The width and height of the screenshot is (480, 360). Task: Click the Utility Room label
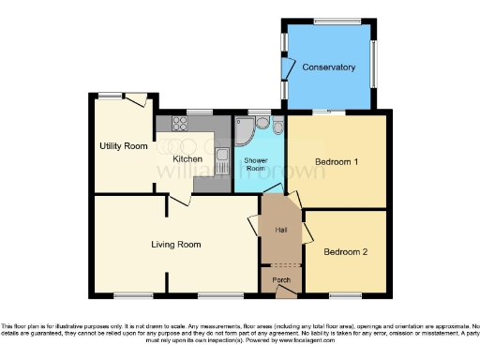click(125, 146)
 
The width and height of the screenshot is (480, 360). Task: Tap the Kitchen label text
click(187, 160)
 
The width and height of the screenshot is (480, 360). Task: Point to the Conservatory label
click(329, 67)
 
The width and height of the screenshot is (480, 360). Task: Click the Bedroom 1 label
click(337, 162)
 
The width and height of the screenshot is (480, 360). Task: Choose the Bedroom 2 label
click(346, 251)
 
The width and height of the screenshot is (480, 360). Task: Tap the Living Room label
click(176, 245)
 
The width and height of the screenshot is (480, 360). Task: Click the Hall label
click(280, 230)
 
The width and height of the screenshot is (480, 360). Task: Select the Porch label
click(280, 279)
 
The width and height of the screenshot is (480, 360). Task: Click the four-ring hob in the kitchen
click(175, 123)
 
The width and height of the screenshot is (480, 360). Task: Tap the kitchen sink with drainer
click(221, 160)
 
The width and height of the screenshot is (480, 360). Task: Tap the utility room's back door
click(139, 100)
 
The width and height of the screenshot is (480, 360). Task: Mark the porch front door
click(284, 291)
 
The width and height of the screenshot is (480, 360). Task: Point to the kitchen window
click(199, 112)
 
